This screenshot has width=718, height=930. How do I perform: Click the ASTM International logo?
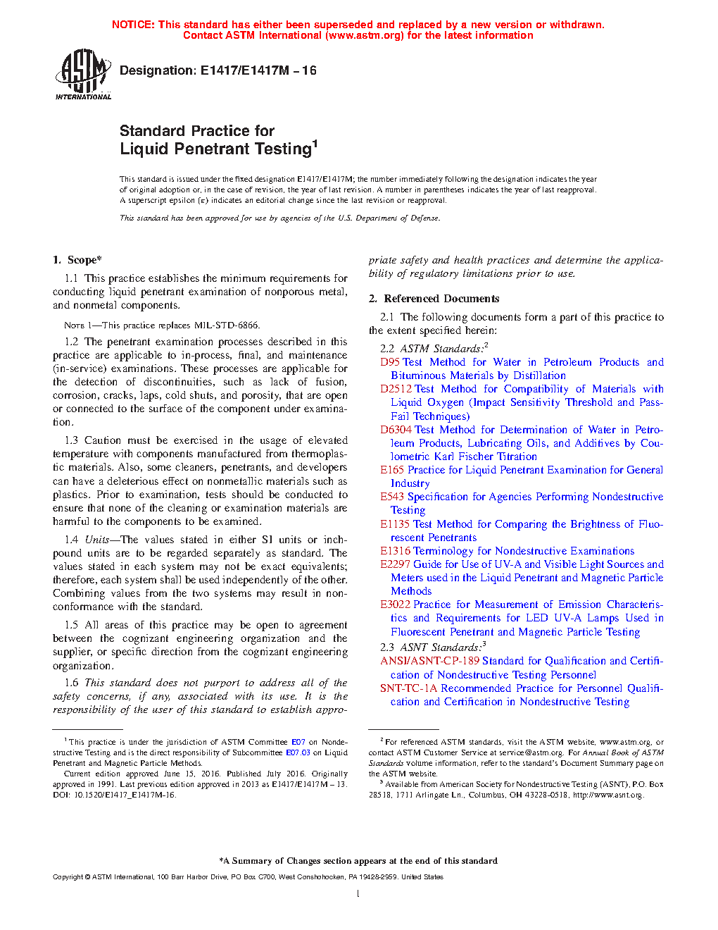point(83,74)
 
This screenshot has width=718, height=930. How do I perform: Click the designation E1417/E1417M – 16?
point(218,70)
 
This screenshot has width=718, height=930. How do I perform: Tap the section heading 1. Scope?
point(77,260)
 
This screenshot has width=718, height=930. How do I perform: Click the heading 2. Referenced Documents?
point(434,299)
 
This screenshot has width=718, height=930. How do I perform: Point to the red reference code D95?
point(390,362)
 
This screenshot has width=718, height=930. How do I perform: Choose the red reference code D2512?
point(396,389)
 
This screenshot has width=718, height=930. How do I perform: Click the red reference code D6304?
point(396,430)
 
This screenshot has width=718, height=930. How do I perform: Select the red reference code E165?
point(392,470)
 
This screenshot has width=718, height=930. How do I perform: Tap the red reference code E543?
point(392,497)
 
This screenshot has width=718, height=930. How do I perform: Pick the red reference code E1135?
point(395,524)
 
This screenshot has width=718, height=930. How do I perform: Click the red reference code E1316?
point(395,551)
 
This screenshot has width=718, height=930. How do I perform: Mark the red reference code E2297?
point(395,564)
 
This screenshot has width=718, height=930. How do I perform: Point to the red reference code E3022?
point(395,604)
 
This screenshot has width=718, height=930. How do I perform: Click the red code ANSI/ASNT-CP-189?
point(429,661)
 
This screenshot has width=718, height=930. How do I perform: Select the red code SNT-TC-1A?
point(408,688)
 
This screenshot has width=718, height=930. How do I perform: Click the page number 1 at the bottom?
point(358,894)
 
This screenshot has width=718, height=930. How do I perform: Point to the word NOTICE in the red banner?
point(133,25)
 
